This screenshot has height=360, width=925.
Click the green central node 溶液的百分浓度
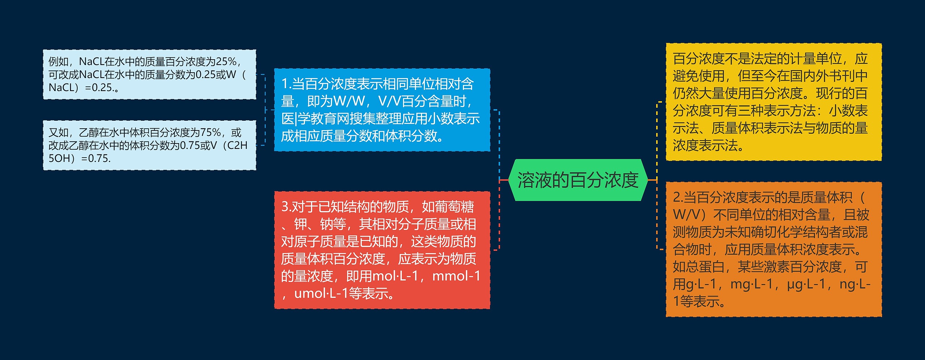577,180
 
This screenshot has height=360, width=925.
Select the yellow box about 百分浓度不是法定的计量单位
773,102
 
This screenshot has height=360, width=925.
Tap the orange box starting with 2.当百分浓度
773,249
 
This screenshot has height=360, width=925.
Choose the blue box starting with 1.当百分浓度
382,110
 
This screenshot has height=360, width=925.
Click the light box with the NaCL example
150,74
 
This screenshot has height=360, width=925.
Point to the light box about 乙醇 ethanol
150,145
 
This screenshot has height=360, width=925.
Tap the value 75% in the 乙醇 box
210,133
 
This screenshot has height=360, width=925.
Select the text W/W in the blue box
349,102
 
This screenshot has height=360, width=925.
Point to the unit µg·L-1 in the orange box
807,284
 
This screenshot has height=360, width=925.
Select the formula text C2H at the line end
237,146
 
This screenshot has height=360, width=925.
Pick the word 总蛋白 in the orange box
705,267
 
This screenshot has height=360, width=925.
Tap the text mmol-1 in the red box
456,276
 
